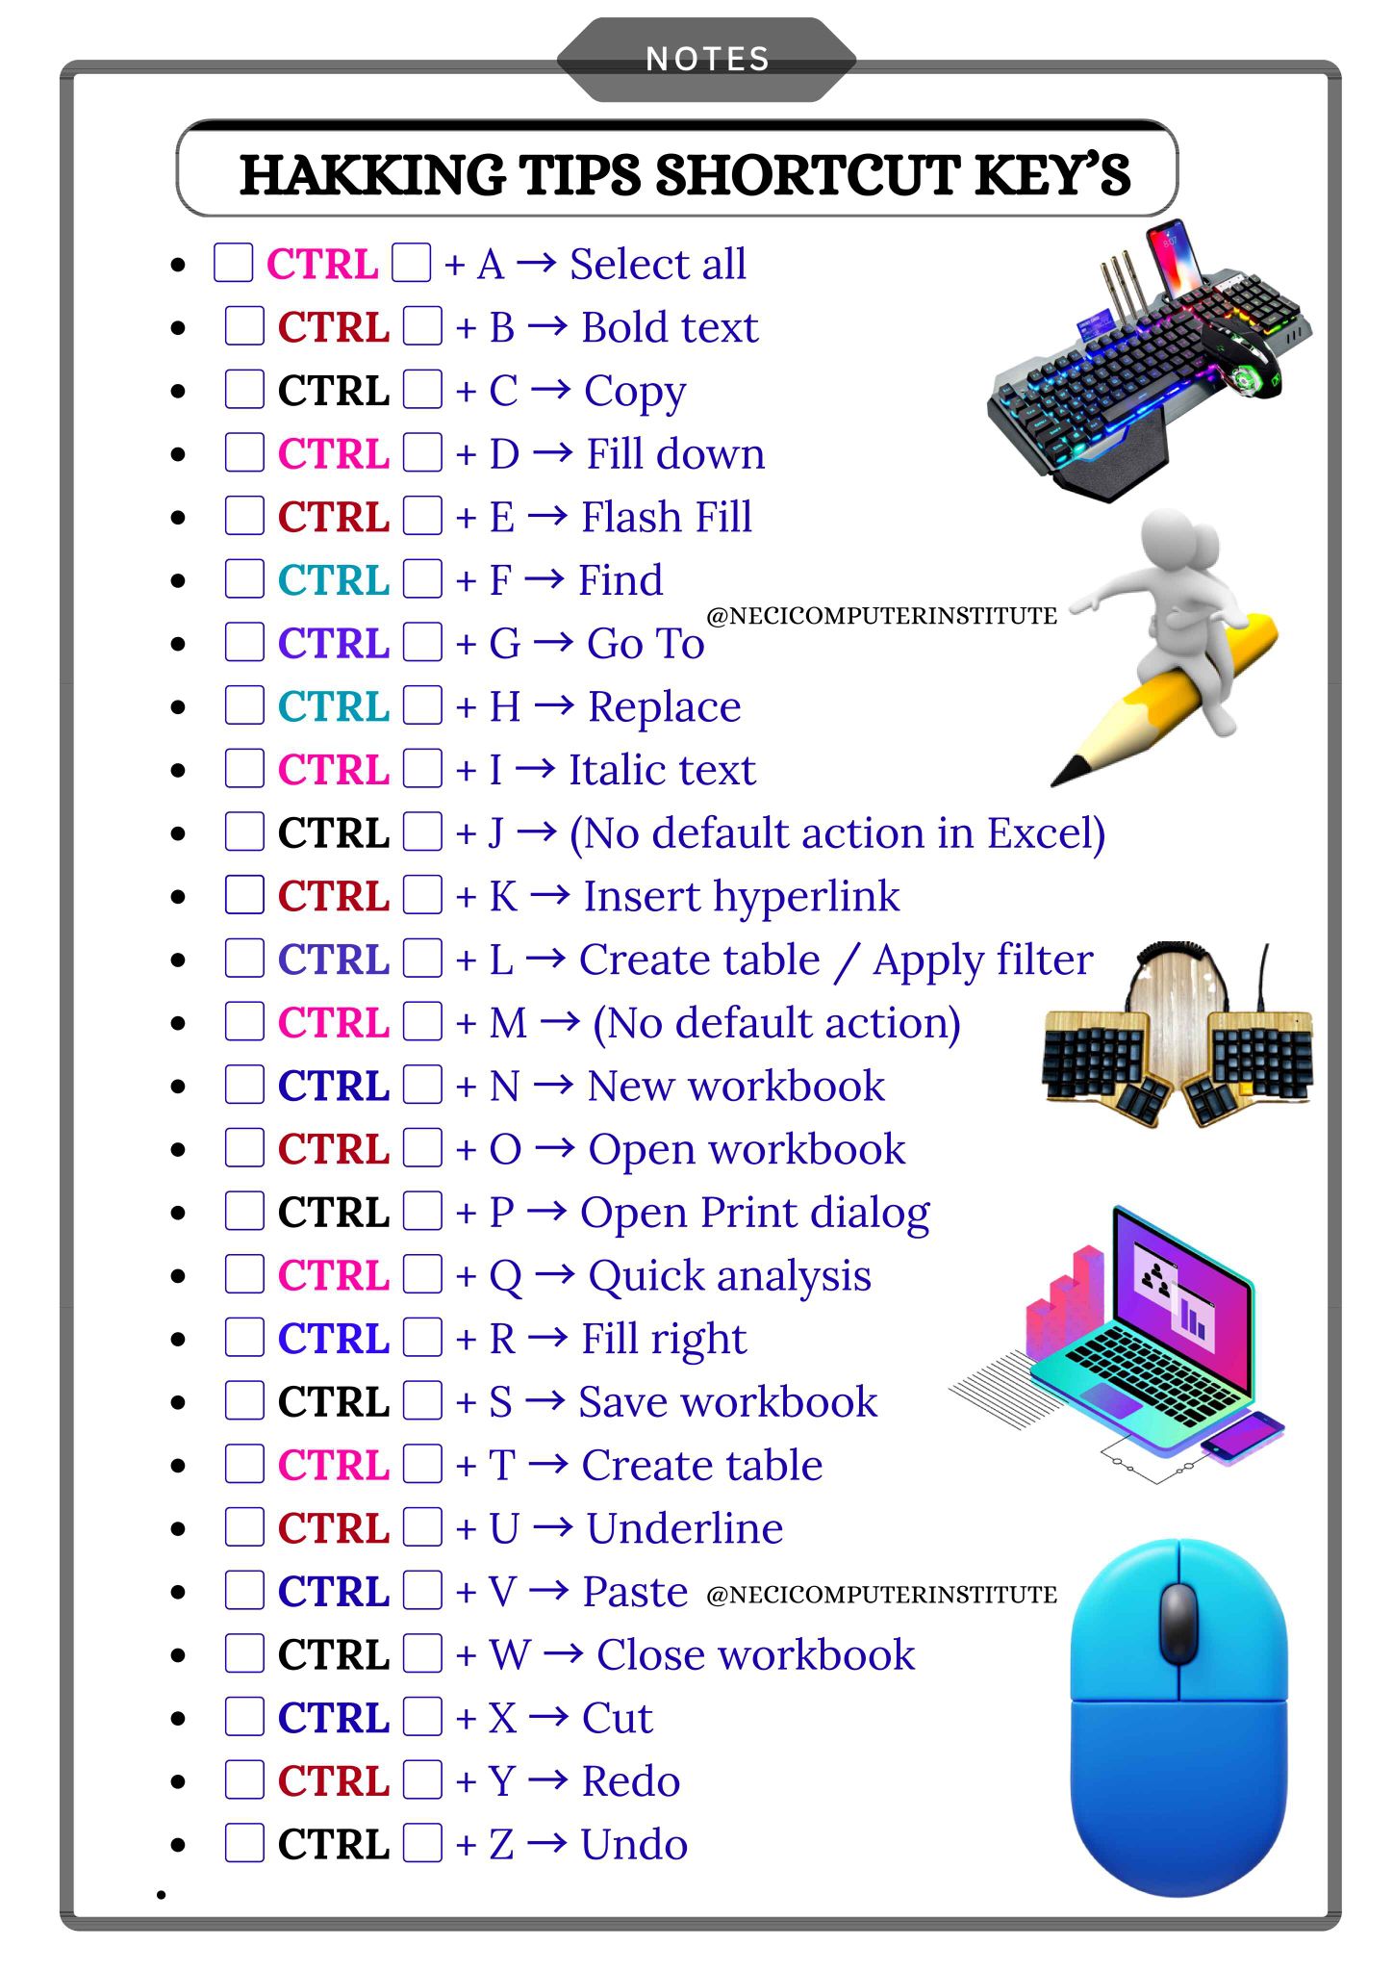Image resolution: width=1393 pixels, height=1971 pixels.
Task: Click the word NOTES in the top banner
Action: click(708, 60)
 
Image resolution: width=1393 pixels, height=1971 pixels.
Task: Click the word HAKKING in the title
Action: click(372, 175)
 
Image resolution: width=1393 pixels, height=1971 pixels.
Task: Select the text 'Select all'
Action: click(658, 264)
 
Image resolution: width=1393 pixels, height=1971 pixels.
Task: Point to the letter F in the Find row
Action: click(499, 580)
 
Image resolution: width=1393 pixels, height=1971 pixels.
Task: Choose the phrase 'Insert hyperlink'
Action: click(742, 897)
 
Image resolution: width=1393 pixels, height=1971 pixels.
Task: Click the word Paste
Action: click(635, 1592)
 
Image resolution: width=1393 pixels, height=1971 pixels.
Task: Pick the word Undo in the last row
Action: click(634, 1845)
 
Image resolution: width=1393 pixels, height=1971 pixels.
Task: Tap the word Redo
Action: click(631, 1781)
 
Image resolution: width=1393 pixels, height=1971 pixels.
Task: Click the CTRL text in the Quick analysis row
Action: click(334, 1276)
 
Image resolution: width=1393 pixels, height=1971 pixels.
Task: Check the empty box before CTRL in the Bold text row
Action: click(244, 326)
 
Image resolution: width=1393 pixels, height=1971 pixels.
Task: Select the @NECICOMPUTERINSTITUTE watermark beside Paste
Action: click(881, 1596)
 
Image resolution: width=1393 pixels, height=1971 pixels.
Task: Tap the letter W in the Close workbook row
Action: click(510, 1655)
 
